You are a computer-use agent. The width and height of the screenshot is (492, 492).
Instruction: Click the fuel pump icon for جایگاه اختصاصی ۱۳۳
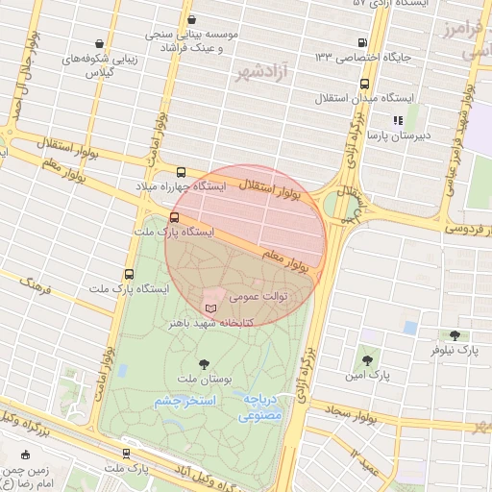tap(361, 42)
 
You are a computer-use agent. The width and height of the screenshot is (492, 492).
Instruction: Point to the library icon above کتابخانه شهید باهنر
tap(211, 307)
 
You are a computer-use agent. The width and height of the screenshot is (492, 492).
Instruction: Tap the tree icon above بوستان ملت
tap(203, 364)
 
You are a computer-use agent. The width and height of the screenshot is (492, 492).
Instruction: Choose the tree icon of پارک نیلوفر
tap(455, 335)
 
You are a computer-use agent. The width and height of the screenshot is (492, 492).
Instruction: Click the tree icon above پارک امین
tap(366, 359)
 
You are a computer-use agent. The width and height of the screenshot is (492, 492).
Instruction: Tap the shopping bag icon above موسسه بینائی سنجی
tap(193, 19)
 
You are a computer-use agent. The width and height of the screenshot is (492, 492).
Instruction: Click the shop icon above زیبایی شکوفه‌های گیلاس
tap(100, 43)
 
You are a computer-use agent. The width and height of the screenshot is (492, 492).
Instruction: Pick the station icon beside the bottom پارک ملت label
tap(127, 454)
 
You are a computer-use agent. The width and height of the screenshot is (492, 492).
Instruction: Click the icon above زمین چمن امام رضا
tap(26, 455)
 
